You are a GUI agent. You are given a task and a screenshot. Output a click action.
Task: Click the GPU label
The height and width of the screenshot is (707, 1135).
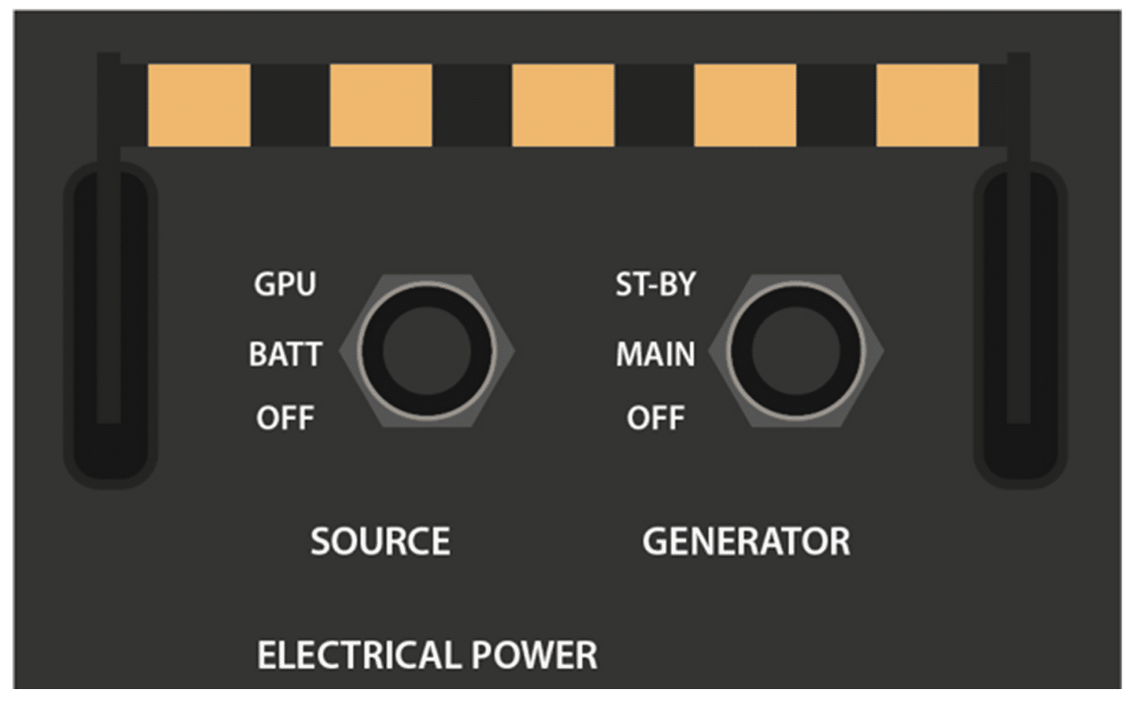coord(285,285)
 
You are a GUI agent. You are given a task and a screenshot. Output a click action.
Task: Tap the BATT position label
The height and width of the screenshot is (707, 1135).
coord(285,354)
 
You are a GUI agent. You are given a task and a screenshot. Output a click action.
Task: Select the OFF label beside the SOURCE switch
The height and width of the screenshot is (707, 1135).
coord(284,418)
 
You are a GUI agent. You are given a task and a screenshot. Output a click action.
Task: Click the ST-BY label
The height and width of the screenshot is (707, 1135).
coord(655,285)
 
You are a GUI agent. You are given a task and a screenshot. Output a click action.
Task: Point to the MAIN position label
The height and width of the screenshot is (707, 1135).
coord(655,354)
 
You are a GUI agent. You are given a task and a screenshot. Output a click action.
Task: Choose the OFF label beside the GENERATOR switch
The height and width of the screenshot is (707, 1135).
coord(655,418)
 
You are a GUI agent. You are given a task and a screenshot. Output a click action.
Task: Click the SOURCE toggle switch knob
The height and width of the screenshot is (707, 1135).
coord(426,351)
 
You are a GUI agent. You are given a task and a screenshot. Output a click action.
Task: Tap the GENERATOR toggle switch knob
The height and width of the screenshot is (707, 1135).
coord(796,351)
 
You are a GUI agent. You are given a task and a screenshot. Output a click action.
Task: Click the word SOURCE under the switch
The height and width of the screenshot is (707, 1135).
coord(380,542)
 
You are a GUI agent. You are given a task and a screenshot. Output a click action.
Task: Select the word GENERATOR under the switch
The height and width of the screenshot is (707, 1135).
coord(745,542)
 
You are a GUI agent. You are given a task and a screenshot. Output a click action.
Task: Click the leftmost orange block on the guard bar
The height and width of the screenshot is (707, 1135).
coord(198,105)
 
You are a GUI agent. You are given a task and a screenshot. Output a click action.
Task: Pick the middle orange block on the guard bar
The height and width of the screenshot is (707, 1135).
coord(563,105)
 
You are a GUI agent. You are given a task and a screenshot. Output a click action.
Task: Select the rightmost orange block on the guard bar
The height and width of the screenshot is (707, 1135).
coord(927,105)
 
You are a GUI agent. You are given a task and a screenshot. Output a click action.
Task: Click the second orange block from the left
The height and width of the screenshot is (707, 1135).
coord(381,105)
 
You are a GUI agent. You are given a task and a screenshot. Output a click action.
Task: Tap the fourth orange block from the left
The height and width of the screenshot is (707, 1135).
coord(744,105)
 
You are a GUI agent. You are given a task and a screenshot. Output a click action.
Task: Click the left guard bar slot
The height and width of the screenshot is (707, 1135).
coord(110,323)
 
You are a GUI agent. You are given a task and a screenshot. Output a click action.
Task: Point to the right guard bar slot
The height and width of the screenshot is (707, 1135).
coord(1019,323)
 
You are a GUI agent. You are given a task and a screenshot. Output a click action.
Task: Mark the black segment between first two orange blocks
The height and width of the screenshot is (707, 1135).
coord(290,105)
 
